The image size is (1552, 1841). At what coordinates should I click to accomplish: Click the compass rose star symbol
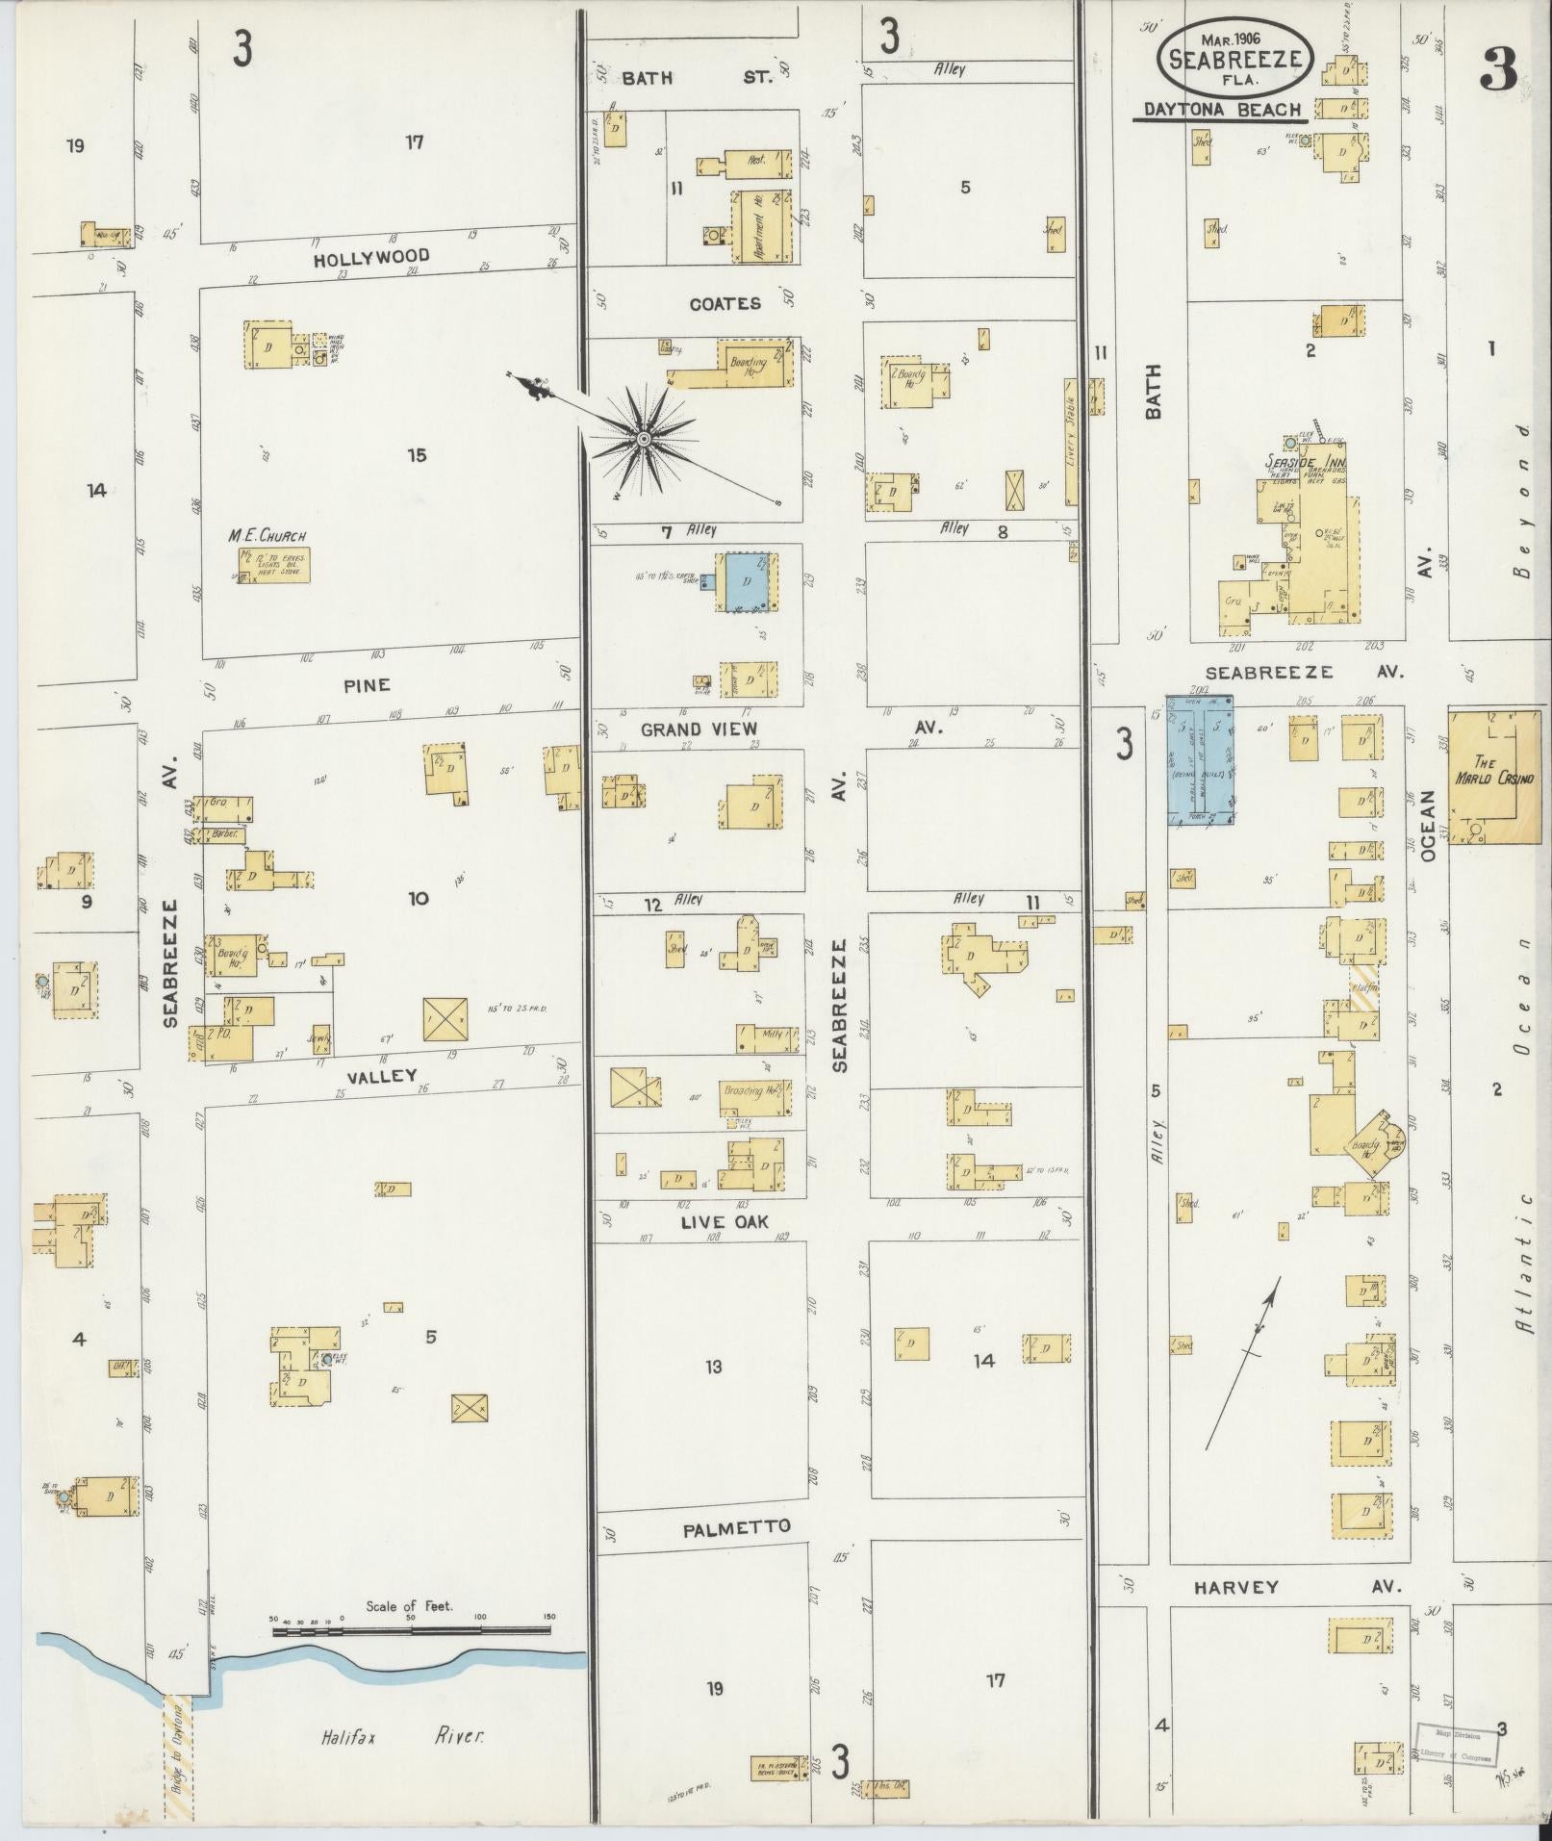(x=643, y=440)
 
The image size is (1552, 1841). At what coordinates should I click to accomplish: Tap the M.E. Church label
(x=267, y=536)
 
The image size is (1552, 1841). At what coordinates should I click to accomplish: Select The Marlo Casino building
(x=1495, y=778)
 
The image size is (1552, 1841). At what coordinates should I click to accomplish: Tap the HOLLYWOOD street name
(x=370, y=258)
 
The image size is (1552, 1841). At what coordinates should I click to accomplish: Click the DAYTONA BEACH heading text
(x=1223, y=111)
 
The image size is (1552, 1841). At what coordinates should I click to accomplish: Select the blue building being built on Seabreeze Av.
(x=1200, y=760)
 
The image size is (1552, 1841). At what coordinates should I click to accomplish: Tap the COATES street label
(x=725, y=303)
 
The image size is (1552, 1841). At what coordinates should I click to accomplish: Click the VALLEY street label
(x=383, y=1076)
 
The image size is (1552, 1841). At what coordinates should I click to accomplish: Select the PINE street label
(x=368, y=685)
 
